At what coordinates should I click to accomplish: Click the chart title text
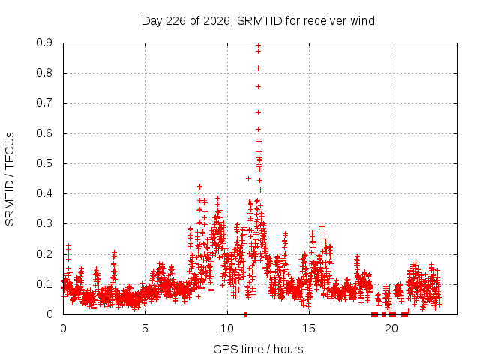click(258, 21)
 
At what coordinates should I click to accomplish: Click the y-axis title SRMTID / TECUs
click(10, 179)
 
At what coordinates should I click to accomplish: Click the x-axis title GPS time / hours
click(258, 349)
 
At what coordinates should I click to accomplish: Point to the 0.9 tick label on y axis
click(44, 43)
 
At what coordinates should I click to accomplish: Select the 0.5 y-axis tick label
click(44, 163)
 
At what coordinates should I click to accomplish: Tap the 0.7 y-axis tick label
click(44, 103)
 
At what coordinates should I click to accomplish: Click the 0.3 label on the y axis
click(44, 223)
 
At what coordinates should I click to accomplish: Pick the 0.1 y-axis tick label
click(44, 284)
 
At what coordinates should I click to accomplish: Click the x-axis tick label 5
click(145, 328)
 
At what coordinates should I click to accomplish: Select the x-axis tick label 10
click(227, 328)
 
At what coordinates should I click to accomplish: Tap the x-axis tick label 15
click(309, 328)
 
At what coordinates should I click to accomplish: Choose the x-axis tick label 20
click(391, 328)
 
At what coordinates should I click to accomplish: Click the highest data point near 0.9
click(258, 45)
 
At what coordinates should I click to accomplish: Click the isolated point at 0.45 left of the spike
click(248, 178)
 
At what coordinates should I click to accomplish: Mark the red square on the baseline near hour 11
click(246, 314)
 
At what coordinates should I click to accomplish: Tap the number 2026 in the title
click(217, 21)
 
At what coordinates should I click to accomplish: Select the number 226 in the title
click(175, 21)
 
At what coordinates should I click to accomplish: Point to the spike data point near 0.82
click(258, 67)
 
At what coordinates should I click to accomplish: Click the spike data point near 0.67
click(258, 112)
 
